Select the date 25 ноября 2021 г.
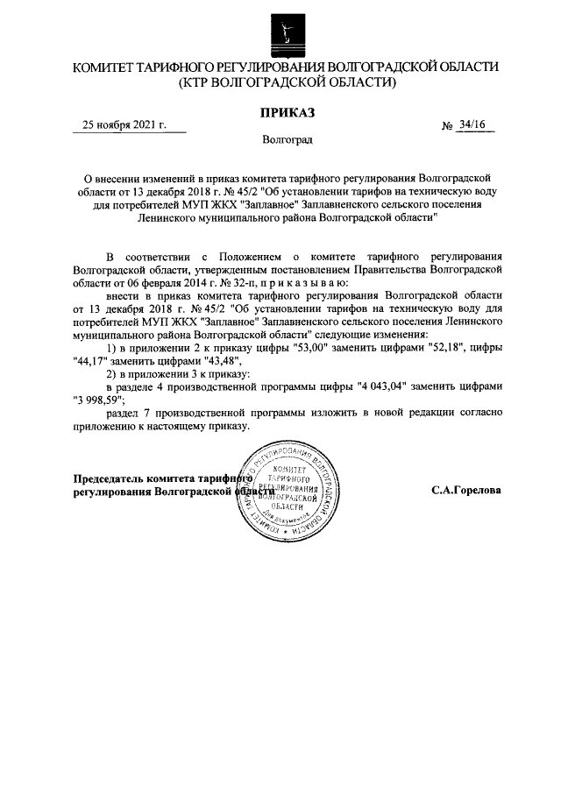pyautogui.click(x=124, y=125)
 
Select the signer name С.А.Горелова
pyautogui.click(x=465, y=491)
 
